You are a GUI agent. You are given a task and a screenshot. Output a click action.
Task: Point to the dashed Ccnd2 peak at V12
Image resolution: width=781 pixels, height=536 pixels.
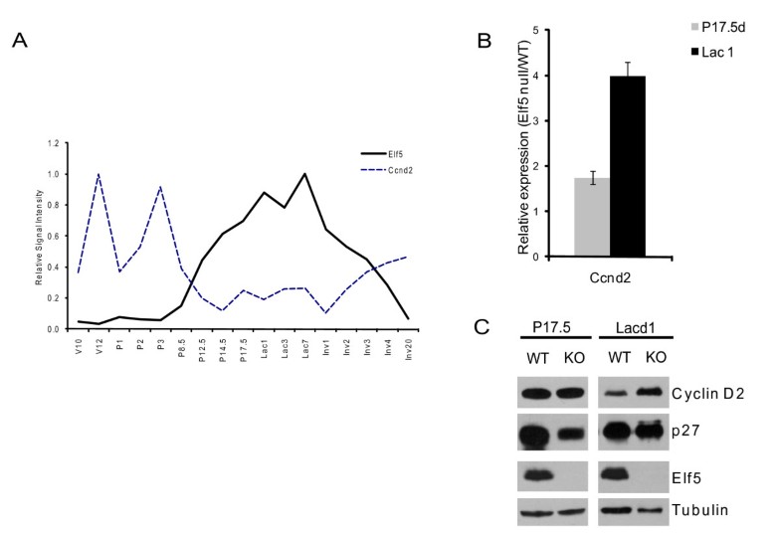(98, 174)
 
